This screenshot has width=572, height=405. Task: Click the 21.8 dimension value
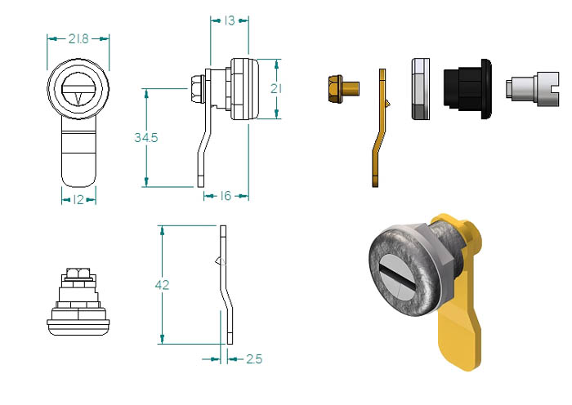78,38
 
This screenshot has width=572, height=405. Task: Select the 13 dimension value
230,20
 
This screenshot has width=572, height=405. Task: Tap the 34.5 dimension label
146,137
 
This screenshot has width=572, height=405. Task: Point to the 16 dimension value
226,196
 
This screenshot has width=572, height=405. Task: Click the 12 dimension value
78,199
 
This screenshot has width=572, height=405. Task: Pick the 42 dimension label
162,285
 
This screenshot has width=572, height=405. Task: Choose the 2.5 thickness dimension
254,359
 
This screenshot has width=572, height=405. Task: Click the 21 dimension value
276,88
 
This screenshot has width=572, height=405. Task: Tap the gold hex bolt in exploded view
344,88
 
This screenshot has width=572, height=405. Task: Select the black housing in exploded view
467,89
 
